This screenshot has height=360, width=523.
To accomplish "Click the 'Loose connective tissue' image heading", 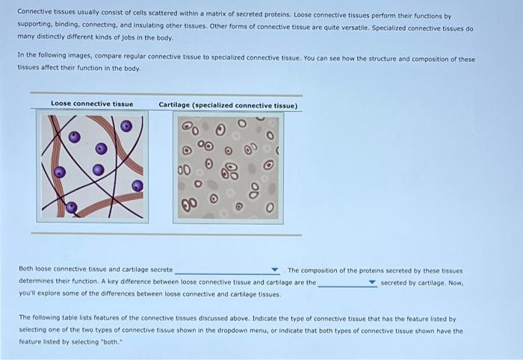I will click(x=92, y=104).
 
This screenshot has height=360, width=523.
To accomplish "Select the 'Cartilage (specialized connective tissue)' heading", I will click(x=228, y=105).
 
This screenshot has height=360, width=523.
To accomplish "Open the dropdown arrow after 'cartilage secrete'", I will click(x=275, y=270).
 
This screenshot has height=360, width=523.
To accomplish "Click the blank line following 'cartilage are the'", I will click(x=342, y=284).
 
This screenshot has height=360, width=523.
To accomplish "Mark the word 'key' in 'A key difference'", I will click(x=104, y=283).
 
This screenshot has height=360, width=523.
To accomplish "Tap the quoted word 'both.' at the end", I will click(x=133, y=341).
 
